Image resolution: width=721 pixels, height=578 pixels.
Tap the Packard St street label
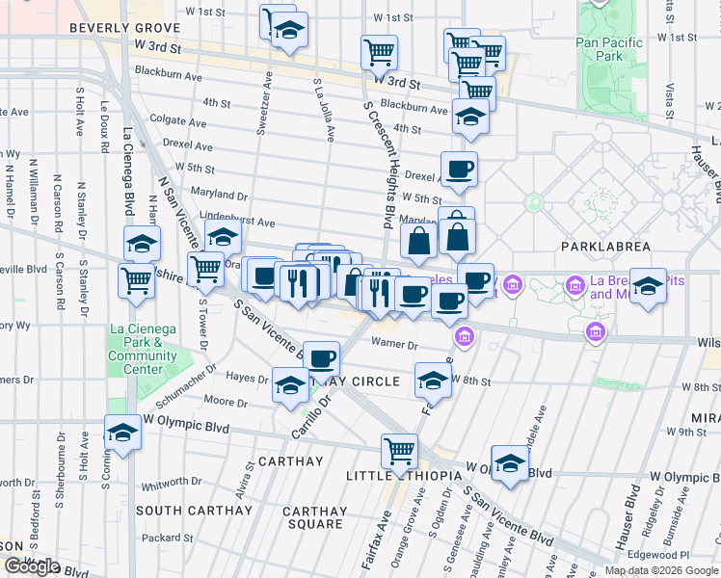(173, 539)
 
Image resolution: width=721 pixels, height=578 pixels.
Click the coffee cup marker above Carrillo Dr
(321, 357)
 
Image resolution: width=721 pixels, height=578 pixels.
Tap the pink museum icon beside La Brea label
(575, 285)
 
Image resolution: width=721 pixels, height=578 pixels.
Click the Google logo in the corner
(32, 566)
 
